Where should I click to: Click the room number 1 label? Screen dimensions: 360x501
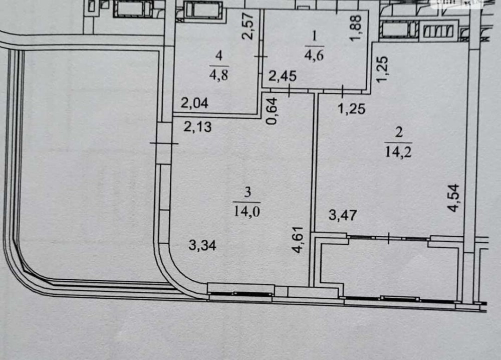pos(315,37)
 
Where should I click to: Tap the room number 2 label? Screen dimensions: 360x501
pos(399,133)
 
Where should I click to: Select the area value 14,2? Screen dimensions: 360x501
pos(399,152)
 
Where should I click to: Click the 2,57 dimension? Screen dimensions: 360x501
pos(249,26)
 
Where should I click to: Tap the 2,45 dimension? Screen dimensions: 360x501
pos(283,77)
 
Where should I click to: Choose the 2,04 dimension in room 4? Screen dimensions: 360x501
pos(194,103)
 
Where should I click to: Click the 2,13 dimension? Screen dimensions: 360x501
pos(198,127)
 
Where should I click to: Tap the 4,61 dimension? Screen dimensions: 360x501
pos(299,240)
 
